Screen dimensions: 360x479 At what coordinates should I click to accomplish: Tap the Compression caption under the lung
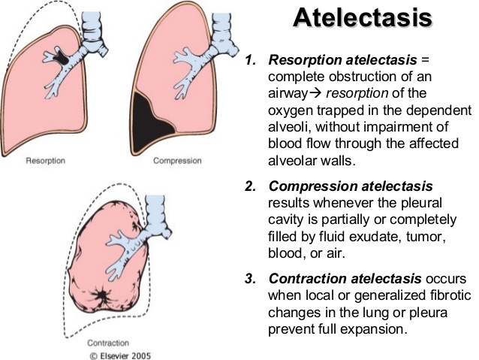click(x=177, y=160)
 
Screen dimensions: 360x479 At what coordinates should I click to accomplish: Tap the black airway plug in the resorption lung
click(x=58, y=57)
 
